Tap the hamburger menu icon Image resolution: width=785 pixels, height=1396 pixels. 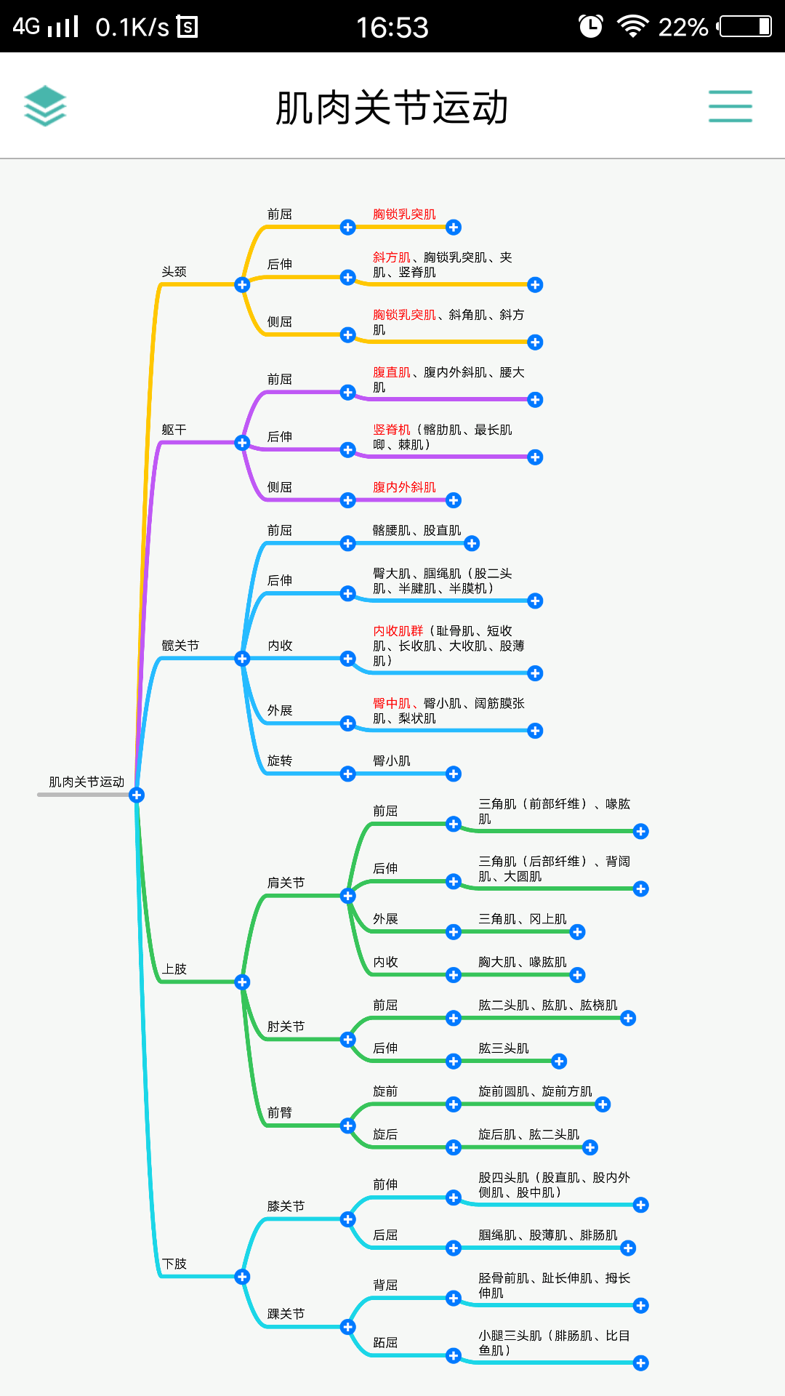(x=730, y=106)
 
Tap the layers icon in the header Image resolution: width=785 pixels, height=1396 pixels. (x=45, y=106)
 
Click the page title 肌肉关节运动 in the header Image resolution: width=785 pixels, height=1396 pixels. (x=392, y=108)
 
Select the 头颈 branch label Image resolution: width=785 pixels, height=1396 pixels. (x=174, y=272)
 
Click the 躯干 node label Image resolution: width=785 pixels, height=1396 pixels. (x=174, y=430)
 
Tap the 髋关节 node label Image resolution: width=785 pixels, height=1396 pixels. (x=180, y=646)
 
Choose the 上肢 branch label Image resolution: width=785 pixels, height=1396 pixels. (x=174, y=969)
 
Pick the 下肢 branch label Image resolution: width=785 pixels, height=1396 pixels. (x=174, y=1264)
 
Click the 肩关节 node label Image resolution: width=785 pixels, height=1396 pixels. (x=286, y=883)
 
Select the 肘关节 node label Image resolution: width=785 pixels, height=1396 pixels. (x=286, y=1027)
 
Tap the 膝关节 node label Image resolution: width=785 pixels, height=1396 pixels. (x=286, y=1206)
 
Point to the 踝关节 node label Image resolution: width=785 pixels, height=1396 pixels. (x=286, y=1314)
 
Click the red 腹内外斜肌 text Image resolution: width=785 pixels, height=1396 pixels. (x=404, y=487)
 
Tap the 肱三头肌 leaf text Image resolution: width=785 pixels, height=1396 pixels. (x=504, y=1048)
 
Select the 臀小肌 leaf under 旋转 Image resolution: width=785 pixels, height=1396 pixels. (x=392, y=761)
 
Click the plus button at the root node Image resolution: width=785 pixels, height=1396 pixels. (x=136, y=795)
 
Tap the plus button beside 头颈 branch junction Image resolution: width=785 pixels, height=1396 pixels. (x=242, y=284)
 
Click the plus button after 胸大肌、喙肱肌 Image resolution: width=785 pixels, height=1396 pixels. (x=578, y=975)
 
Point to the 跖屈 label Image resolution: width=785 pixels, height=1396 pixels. (x=385, y=1343)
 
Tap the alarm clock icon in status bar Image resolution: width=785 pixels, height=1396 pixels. (x=590, y=27)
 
